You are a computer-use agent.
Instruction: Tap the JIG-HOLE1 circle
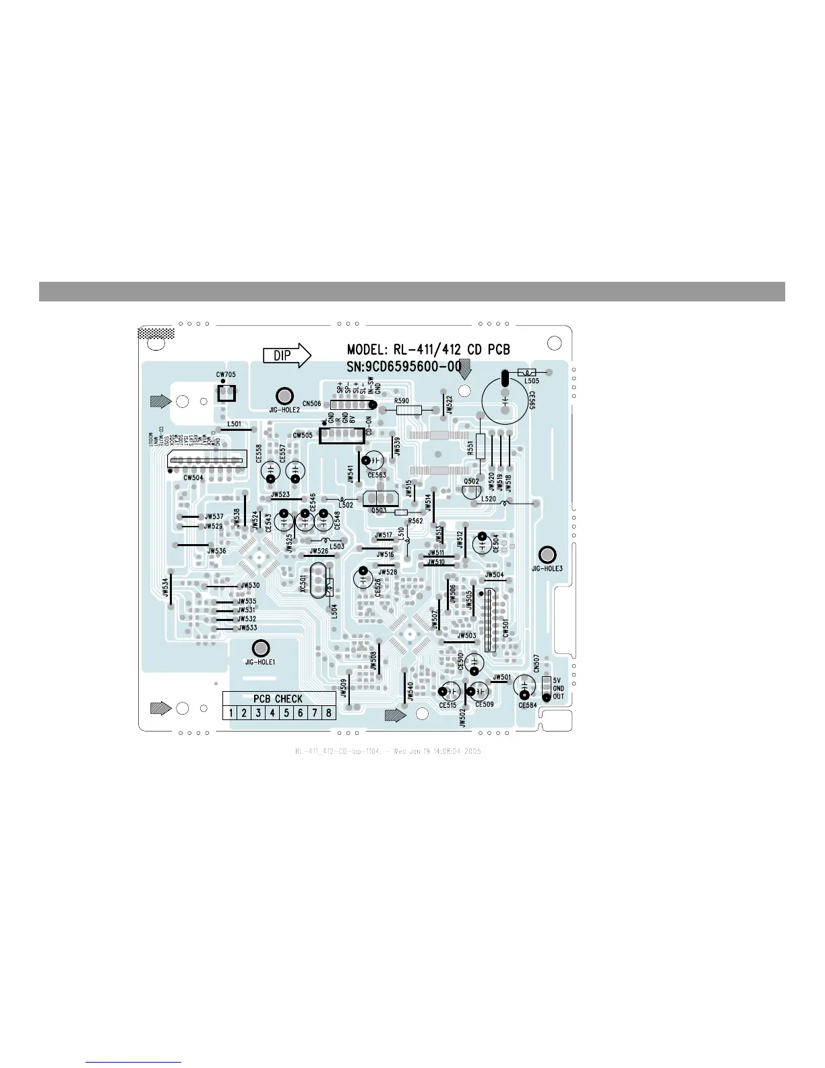point(260,648)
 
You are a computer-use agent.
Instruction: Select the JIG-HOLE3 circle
point(547,555)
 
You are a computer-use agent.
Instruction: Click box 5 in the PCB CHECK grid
point(286,713)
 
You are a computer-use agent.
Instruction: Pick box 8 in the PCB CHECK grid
point(329,713)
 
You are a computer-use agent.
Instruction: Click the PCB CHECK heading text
point(278,699)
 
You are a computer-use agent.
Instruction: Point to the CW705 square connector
point(225,393)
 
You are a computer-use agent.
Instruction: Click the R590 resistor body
point(409,409)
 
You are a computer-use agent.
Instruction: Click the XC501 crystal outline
point(317,581)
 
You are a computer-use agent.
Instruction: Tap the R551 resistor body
point(480,446)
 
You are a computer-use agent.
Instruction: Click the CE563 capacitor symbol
point(373,461)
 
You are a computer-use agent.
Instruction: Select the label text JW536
point(216,551)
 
